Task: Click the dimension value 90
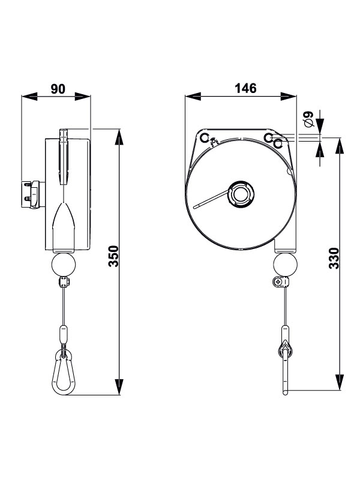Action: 58,89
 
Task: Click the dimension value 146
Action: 245,88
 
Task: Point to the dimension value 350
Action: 113,256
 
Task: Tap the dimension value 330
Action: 334,259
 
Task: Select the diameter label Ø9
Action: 309,119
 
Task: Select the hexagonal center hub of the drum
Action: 241,194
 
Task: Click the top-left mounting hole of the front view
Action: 203,139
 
